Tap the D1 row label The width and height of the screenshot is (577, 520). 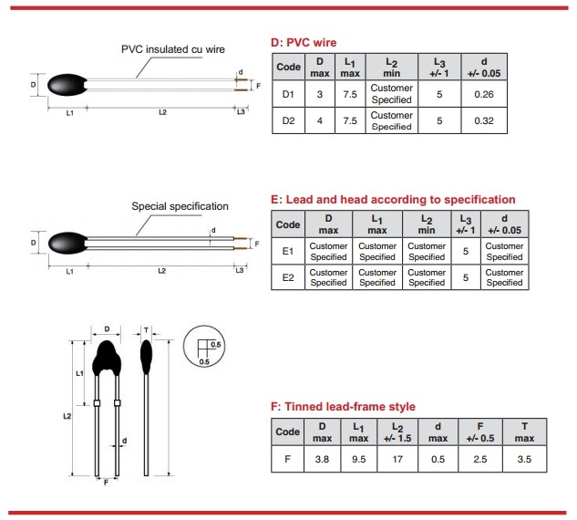click(288, 94)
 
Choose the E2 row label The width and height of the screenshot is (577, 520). click(288, 277)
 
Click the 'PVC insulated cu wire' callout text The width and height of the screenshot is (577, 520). click(172, 49)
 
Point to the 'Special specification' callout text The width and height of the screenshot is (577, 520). click(180, 206)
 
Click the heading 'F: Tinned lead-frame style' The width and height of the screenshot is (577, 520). click(344, 406)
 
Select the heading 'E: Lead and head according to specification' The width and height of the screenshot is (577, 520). click(394, 199)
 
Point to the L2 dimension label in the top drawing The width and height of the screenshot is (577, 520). click(161, 112)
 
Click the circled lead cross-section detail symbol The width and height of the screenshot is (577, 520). click(206, 347)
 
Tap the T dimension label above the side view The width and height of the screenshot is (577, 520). click(146, 328)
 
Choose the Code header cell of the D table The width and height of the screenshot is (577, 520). click(288, 68)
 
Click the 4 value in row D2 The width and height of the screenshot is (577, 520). click(320, 120)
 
